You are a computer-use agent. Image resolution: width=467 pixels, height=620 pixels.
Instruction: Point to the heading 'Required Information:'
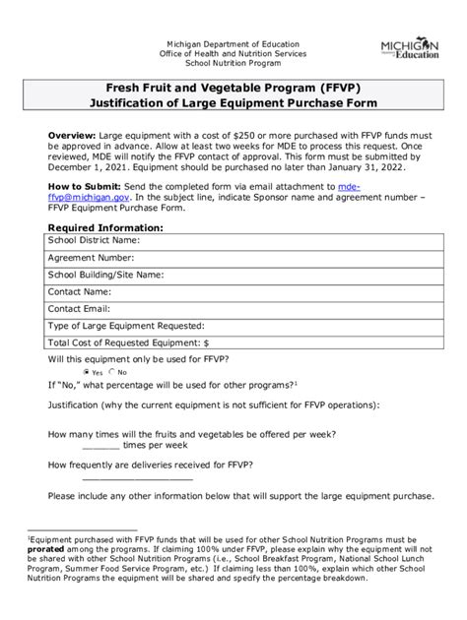click(105, 226)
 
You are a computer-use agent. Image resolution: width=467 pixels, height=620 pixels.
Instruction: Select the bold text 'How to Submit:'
click(86, 185)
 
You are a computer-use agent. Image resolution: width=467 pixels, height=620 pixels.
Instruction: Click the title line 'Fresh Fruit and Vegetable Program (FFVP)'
click(233, 86)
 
